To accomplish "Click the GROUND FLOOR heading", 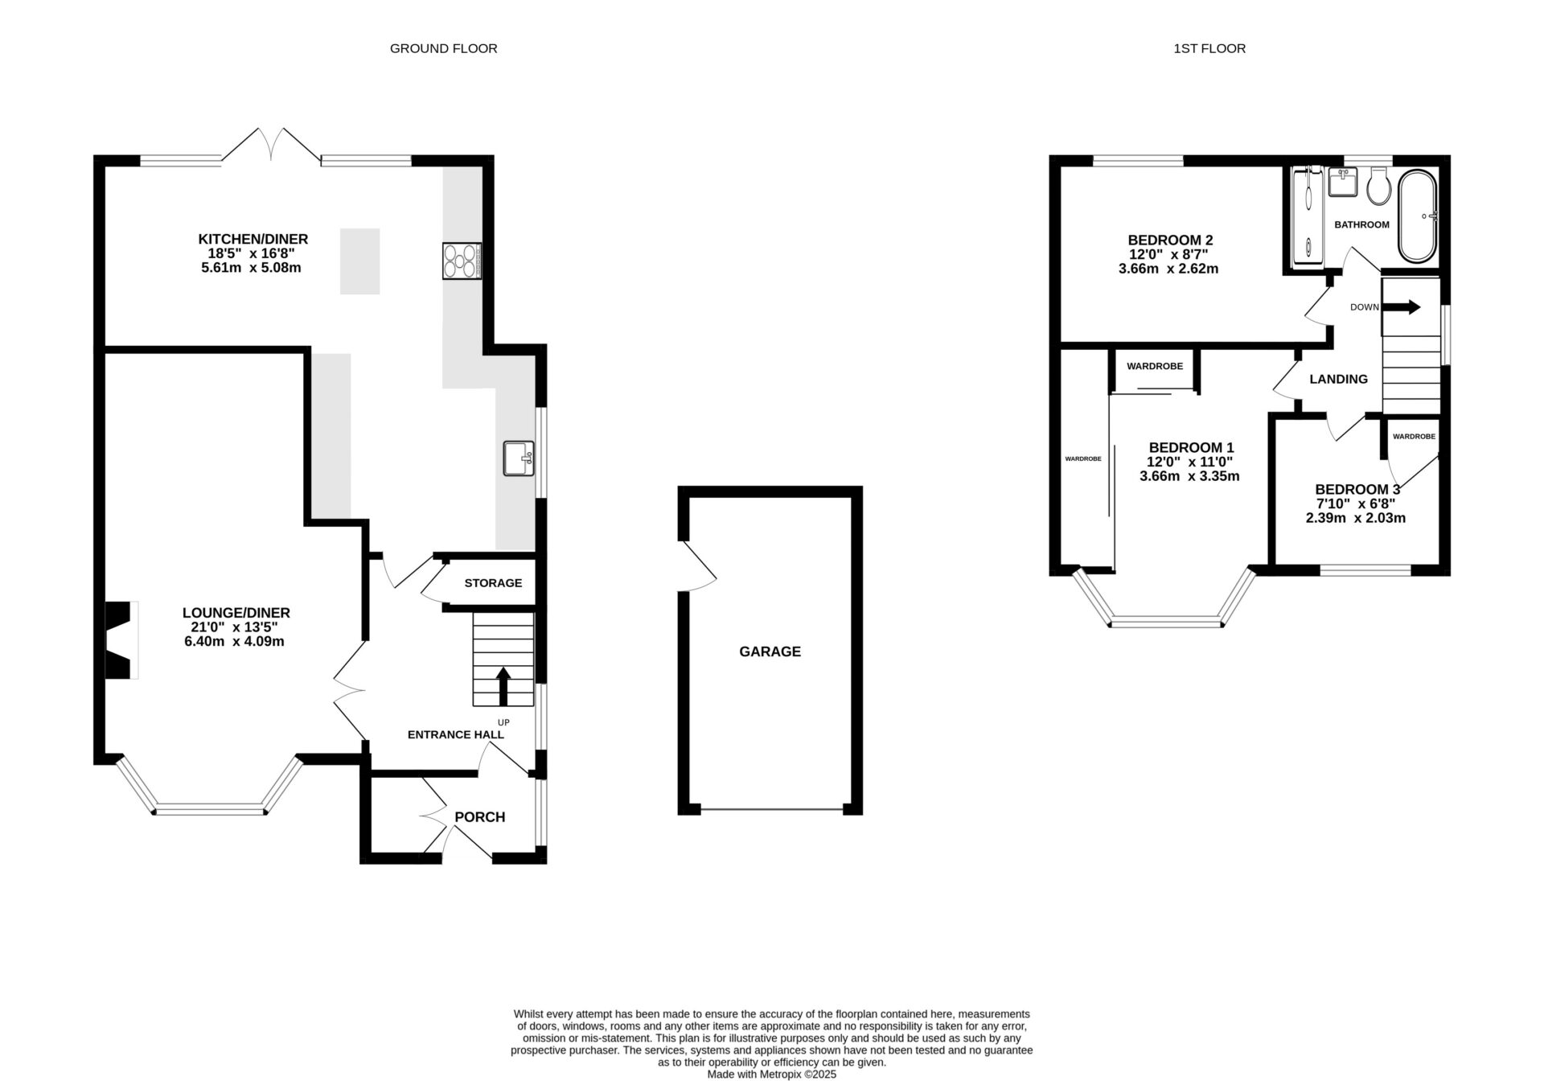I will [x=443, y=48].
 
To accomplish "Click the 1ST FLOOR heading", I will [x=1209, y=48].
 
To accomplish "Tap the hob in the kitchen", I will [x=462, y=261].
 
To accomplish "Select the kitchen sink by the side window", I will [x=517, y=458].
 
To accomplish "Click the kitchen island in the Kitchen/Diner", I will [x=359, y=261].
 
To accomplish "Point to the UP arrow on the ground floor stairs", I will [x=503, y=686].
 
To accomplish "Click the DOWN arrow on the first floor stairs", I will [x=1409, y=307].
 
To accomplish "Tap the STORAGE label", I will [x=493, y=583].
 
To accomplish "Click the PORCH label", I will [x=480, y=817].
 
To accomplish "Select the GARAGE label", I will [x=770, y=651].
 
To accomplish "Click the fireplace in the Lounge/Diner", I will [x=121, y=639].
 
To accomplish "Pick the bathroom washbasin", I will [x=1341, y=182].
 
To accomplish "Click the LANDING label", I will [x=1338, y=379].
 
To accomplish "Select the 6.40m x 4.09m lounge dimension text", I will [x=234, y=642].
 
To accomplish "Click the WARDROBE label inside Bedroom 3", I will [x=1414, y=437].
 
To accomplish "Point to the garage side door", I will [x=698, y=566].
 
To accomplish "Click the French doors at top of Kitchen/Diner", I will [x=271, y=145].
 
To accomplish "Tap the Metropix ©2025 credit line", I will [x=771, y=1074].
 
